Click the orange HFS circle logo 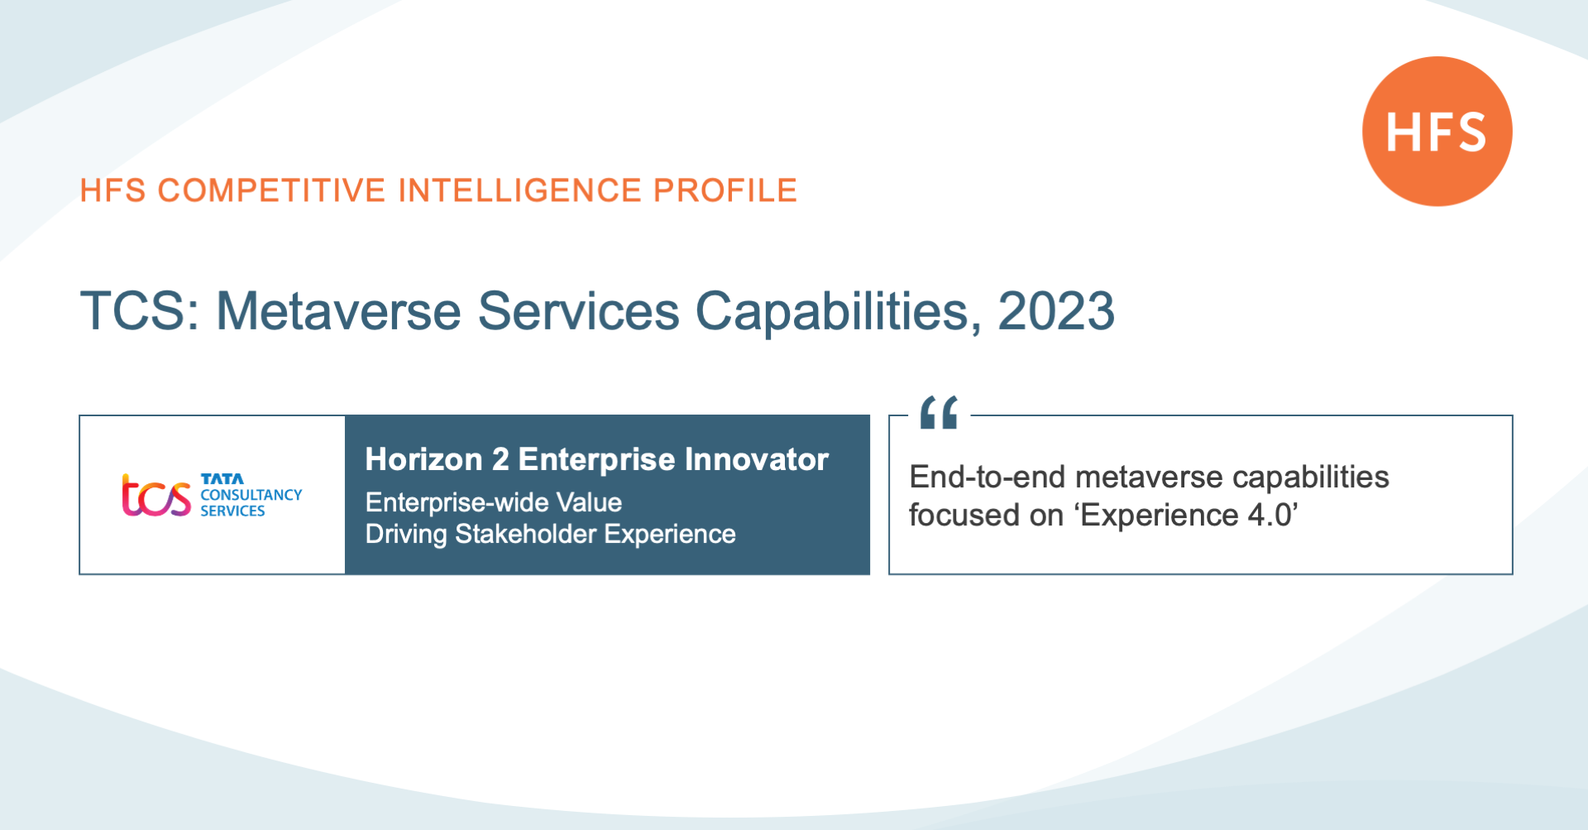[1437, 132]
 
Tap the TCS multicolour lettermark [156, 496]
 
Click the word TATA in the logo [222, 479]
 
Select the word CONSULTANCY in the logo [251, 495]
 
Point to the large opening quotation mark [939, 412]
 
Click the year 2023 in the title [1056, 311]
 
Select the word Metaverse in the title [338, 311]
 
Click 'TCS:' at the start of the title [140, 311]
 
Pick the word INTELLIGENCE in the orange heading [519, 190]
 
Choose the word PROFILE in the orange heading [725, 190]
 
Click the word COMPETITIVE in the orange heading [271, 190]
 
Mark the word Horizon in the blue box [423, 459]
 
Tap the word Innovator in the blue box [756, 459]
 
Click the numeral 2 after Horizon [500, 459]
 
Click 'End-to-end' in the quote [987, 477]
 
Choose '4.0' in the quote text [1270, 516]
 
